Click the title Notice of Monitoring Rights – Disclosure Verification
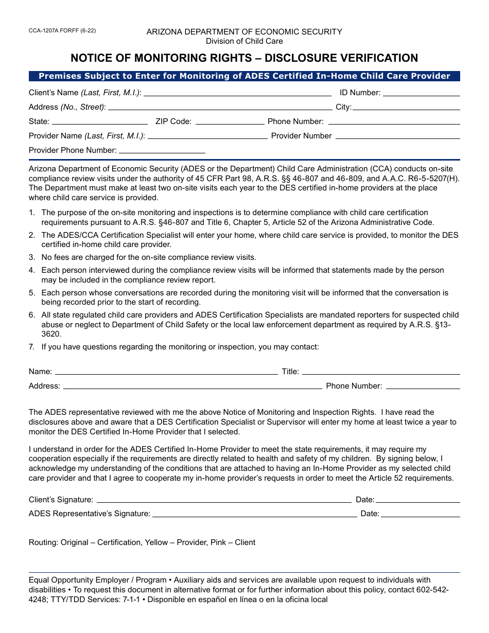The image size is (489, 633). (244, 58)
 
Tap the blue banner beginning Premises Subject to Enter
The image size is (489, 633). (244, 76)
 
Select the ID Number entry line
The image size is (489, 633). (421, 94)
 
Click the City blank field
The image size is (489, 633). (406, 108)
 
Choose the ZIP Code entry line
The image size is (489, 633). (230, 122)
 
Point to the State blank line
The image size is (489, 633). (100, 122)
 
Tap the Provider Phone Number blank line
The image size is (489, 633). (162, 151)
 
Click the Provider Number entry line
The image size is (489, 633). (397, 136)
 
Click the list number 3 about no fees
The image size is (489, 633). (32, 257)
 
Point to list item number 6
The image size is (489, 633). (32, 315)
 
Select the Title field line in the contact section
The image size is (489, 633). (380, 372)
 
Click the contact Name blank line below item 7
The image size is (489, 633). (166, 372)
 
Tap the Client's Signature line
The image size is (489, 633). (224, 500)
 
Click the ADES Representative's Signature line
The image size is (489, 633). (254, 514)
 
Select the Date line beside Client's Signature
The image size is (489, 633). (417, 500)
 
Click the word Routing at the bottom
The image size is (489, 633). (43, 542)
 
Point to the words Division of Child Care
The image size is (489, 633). (244, 41)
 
